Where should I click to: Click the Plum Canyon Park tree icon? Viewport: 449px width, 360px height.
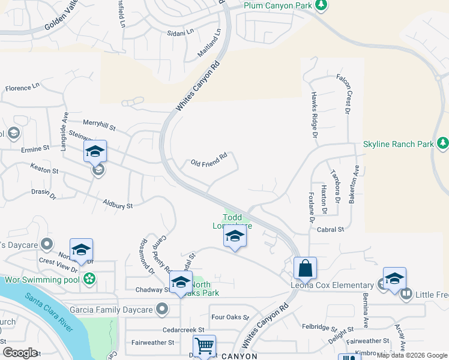pos(322,5)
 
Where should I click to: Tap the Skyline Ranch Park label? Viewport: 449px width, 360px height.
pos(399,145)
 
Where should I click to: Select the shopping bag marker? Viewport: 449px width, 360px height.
pos(305,268)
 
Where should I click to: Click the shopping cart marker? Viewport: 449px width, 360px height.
pos(204,346)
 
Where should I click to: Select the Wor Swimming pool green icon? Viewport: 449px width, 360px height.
pos(89,279)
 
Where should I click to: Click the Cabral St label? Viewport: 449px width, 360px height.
pos(331,229)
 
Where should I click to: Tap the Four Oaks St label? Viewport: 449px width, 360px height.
pos(226,317)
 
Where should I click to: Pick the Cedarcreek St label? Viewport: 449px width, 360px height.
pos(184,330)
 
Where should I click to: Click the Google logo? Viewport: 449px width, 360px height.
pos(20,352)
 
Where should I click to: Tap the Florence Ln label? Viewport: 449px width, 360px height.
pos(22,88)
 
